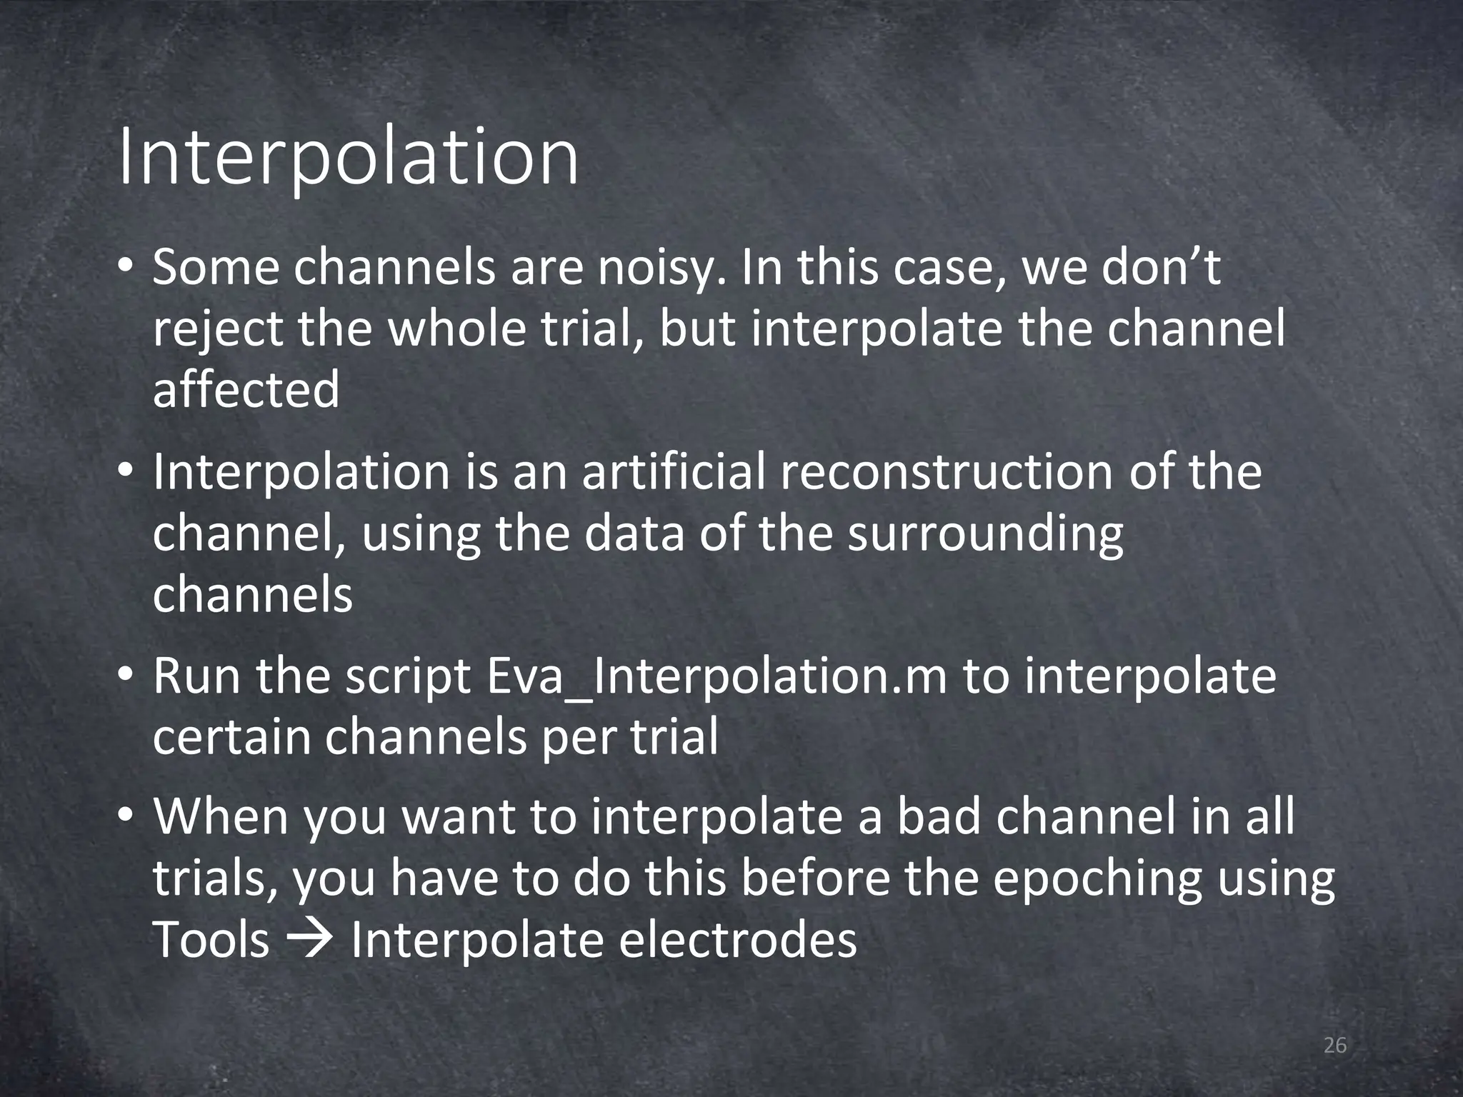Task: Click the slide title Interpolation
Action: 348,157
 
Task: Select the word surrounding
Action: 985,534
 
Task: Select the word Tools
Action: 211,940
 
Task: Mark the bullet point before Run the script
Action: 126,676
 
